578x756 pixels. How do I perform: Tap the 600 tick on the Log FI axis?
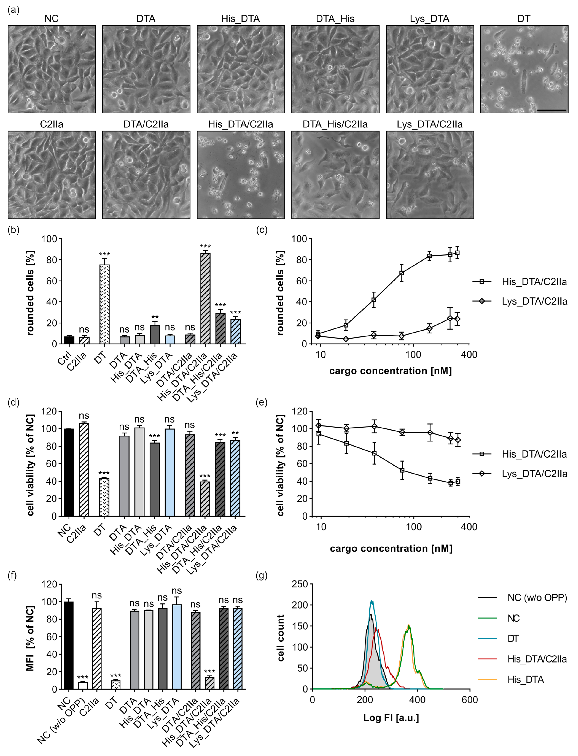point(470,700)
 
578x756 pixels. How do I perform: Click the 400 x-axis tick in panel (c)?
point(469,354)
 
